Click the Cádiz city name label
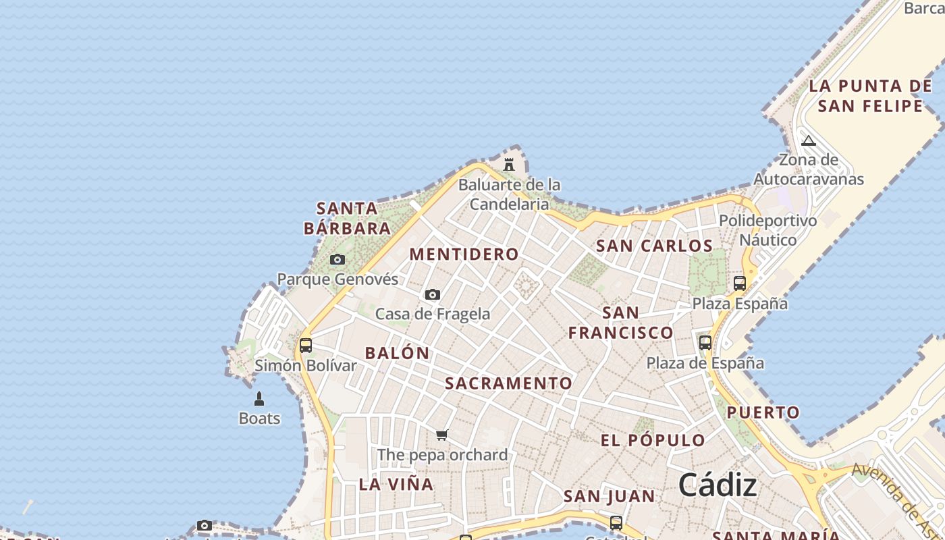(x=717, y=485)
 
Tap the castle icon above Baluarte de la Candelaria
(x=509, y=164)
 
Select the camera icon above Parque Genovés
(x=337, y=259)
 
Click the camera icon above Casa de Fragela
(x=433, y=294)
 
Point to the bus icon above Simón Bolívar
(x=306, y=346)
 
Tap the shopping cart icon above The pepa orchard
(x=442, y=435)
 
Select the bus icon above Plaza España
(x=740, y=283)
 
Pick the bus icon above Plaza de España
(x=705, y=343)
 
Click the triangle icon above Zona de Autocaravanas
(x=809, y=141)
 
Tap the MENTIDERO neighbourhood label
(x=464, y=254)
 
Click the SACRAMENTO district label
(x=508, y=383)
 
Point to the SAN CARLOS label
(x=654, y=246)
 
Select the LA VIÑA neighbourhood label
(x=396, y=484)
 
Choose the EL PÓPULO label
(x=653, y=441)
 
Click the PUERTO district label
(x=763, y=412)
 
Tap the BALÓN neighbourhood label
(x=397, y=353)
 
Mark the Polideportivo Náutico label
(x=767, y=230)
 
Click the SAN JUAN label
(x=609, y=497)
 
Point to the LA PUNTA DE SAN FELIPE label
(x=870, y=96)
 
